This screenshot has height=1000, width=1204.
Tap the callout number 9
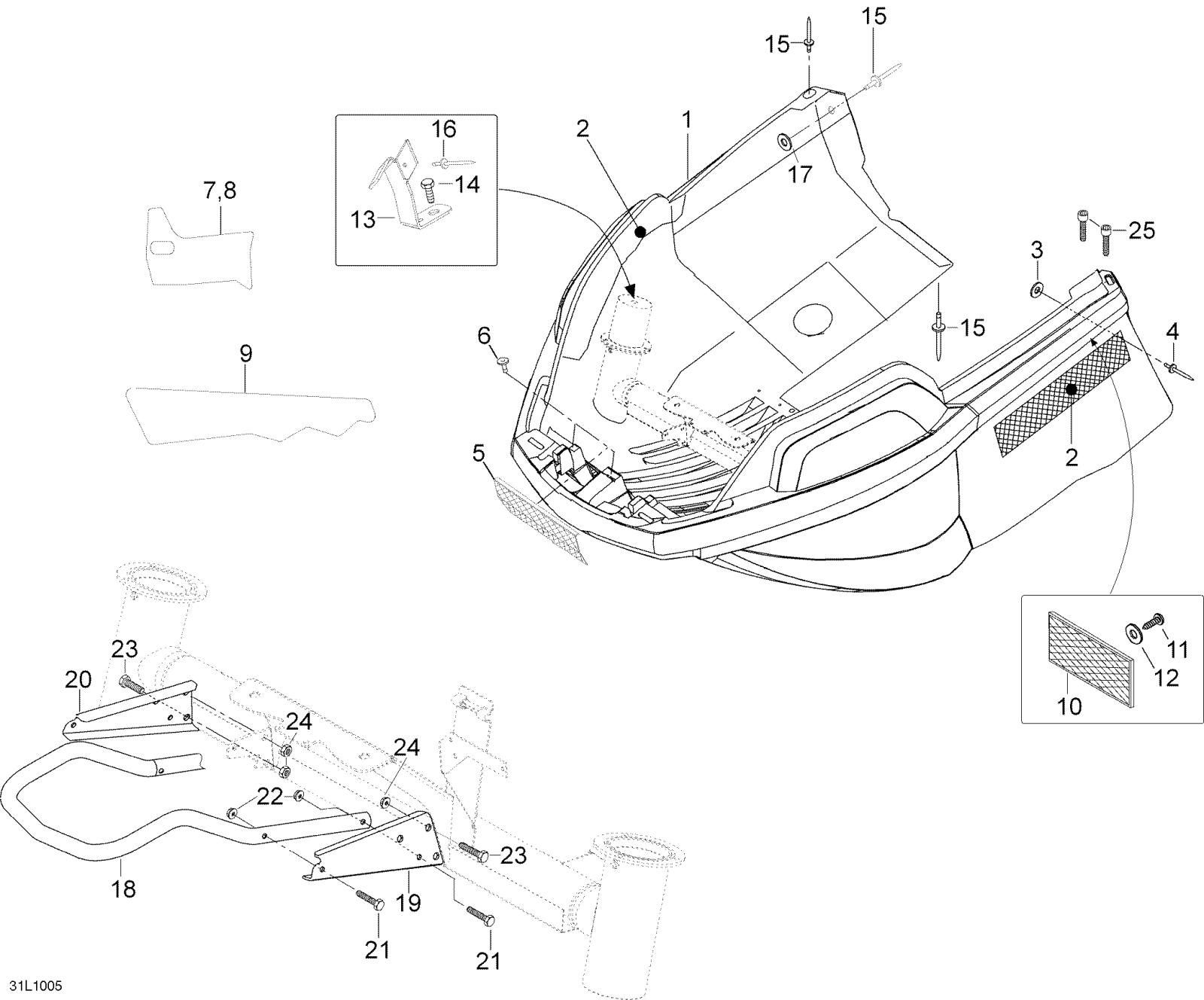246,354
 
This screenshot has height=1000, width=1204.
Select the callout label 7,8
220,191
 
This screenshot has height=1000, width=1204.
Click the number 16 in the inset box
443,130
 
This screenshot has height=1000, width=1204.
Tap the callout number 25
1142,230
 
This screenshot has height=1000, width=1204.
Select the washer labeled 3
1037,288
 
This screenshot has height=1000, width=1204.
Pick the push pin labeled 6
503,364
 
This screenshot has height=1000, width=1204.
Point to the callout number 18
123,889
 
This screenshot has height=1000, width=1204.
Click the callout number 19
409,903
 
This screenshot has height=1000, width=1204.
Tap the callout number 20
78,680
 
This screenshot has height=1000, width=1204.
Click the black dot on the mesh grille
1072,389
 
